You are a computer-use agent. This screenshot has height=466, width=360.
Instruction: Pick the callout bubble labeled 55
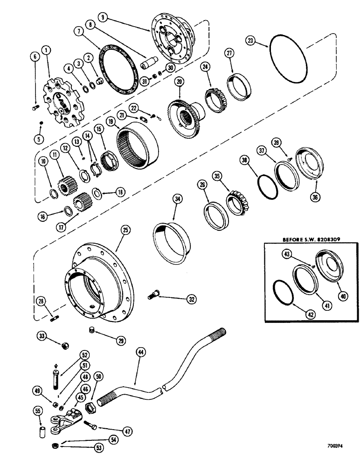tap(38, 411)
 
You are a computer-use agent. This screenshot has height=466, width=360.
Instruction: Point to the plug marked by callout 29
tap(92, 331)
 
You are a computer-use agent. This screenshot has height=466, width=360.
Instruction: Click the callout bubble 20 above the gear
tap(178, 82)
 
